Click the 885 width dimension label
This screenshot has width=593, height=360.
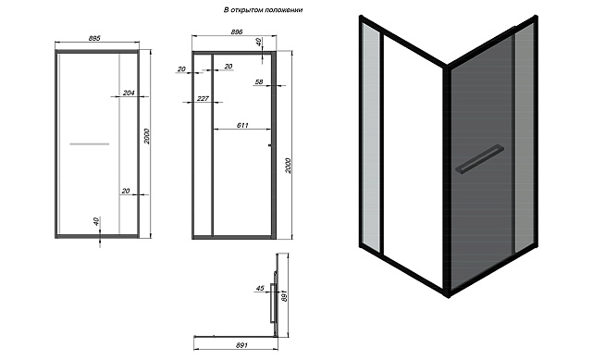(x=94, y=38)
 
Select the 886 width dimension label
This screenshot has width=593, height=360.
(x=237, y=32)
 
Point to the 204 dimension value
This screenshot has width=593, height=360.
(x=129, y=93)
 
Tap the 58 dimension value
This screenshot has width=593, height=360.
(x=259, y=81)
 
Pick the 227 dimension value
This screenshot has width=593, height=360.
(x=203, y=98)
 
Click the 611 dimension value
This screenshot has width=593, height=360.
(x=242, y=125)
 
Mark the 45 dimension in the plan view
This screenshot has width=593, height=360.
(x=260, y=288)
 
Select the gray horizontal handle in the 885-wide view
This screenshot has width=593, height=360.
(x=90, y=144)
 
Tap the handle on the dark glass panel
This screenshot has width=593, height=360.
(x=479, y=159)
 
